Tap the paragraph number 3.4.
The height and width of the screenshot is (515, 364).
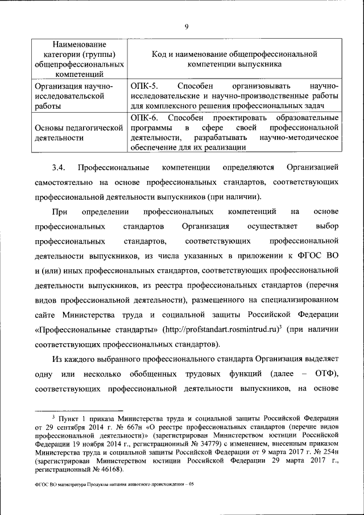point(59,167)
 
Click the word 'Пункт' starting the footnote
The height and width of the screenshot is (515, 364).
point(75,418)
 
